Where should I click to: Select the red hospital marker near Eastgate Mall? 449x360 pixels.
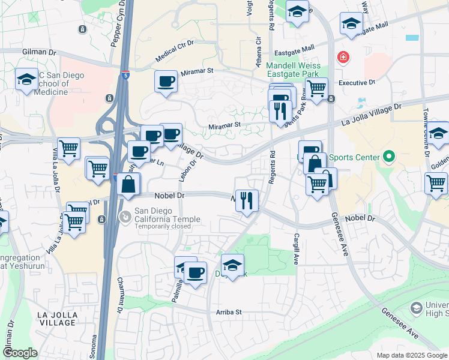343,58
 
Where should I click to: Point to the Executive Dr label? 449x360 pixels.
357,83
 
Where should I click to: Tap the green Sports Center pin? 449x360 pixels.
388,158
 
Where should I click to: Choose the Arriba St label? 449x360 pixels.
228,313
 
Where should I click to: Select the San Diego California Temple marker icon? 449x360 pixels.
125,216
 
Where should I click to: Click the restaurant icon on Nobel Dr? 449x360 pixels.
246,200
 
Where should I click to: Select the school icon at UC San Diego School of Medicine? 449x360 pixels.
26,80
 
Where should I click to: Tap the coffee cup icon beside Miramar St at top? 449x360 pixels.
166,81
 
